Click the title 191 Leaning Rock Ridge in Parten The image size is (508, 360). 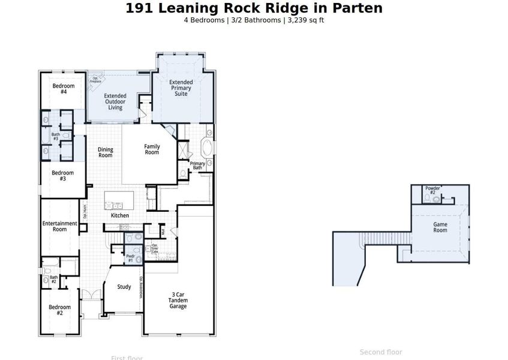(254, 8)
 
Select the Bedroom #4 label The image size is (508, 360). (63, 89)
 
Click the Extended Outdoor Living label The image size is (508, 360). (115, 102)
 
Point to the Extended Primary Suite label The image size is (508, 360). (181, 88)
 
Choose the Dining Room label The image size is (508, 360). (106, 152)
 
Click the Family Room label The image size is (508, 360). (152, 149)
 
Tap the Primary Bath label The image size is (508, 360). (197, 166)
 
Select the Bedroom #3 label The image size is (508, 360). (62, 176)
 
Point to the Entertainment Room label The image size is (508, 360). (59, 226)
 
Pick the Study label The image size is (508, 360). (124, 287)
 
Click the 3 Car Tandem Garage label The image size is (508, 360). (178, 300)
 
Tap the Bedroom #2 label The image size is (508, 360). (59, 310)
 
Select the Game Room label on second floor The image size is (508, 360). (440, 227)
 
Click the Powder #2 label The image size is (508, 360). (432, 190)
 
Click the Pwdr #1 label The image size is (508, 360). (130, 259)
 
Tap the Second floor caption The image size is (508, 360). (381, 352)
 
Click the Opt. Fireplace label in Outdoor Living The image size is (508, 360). (96, 79)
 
